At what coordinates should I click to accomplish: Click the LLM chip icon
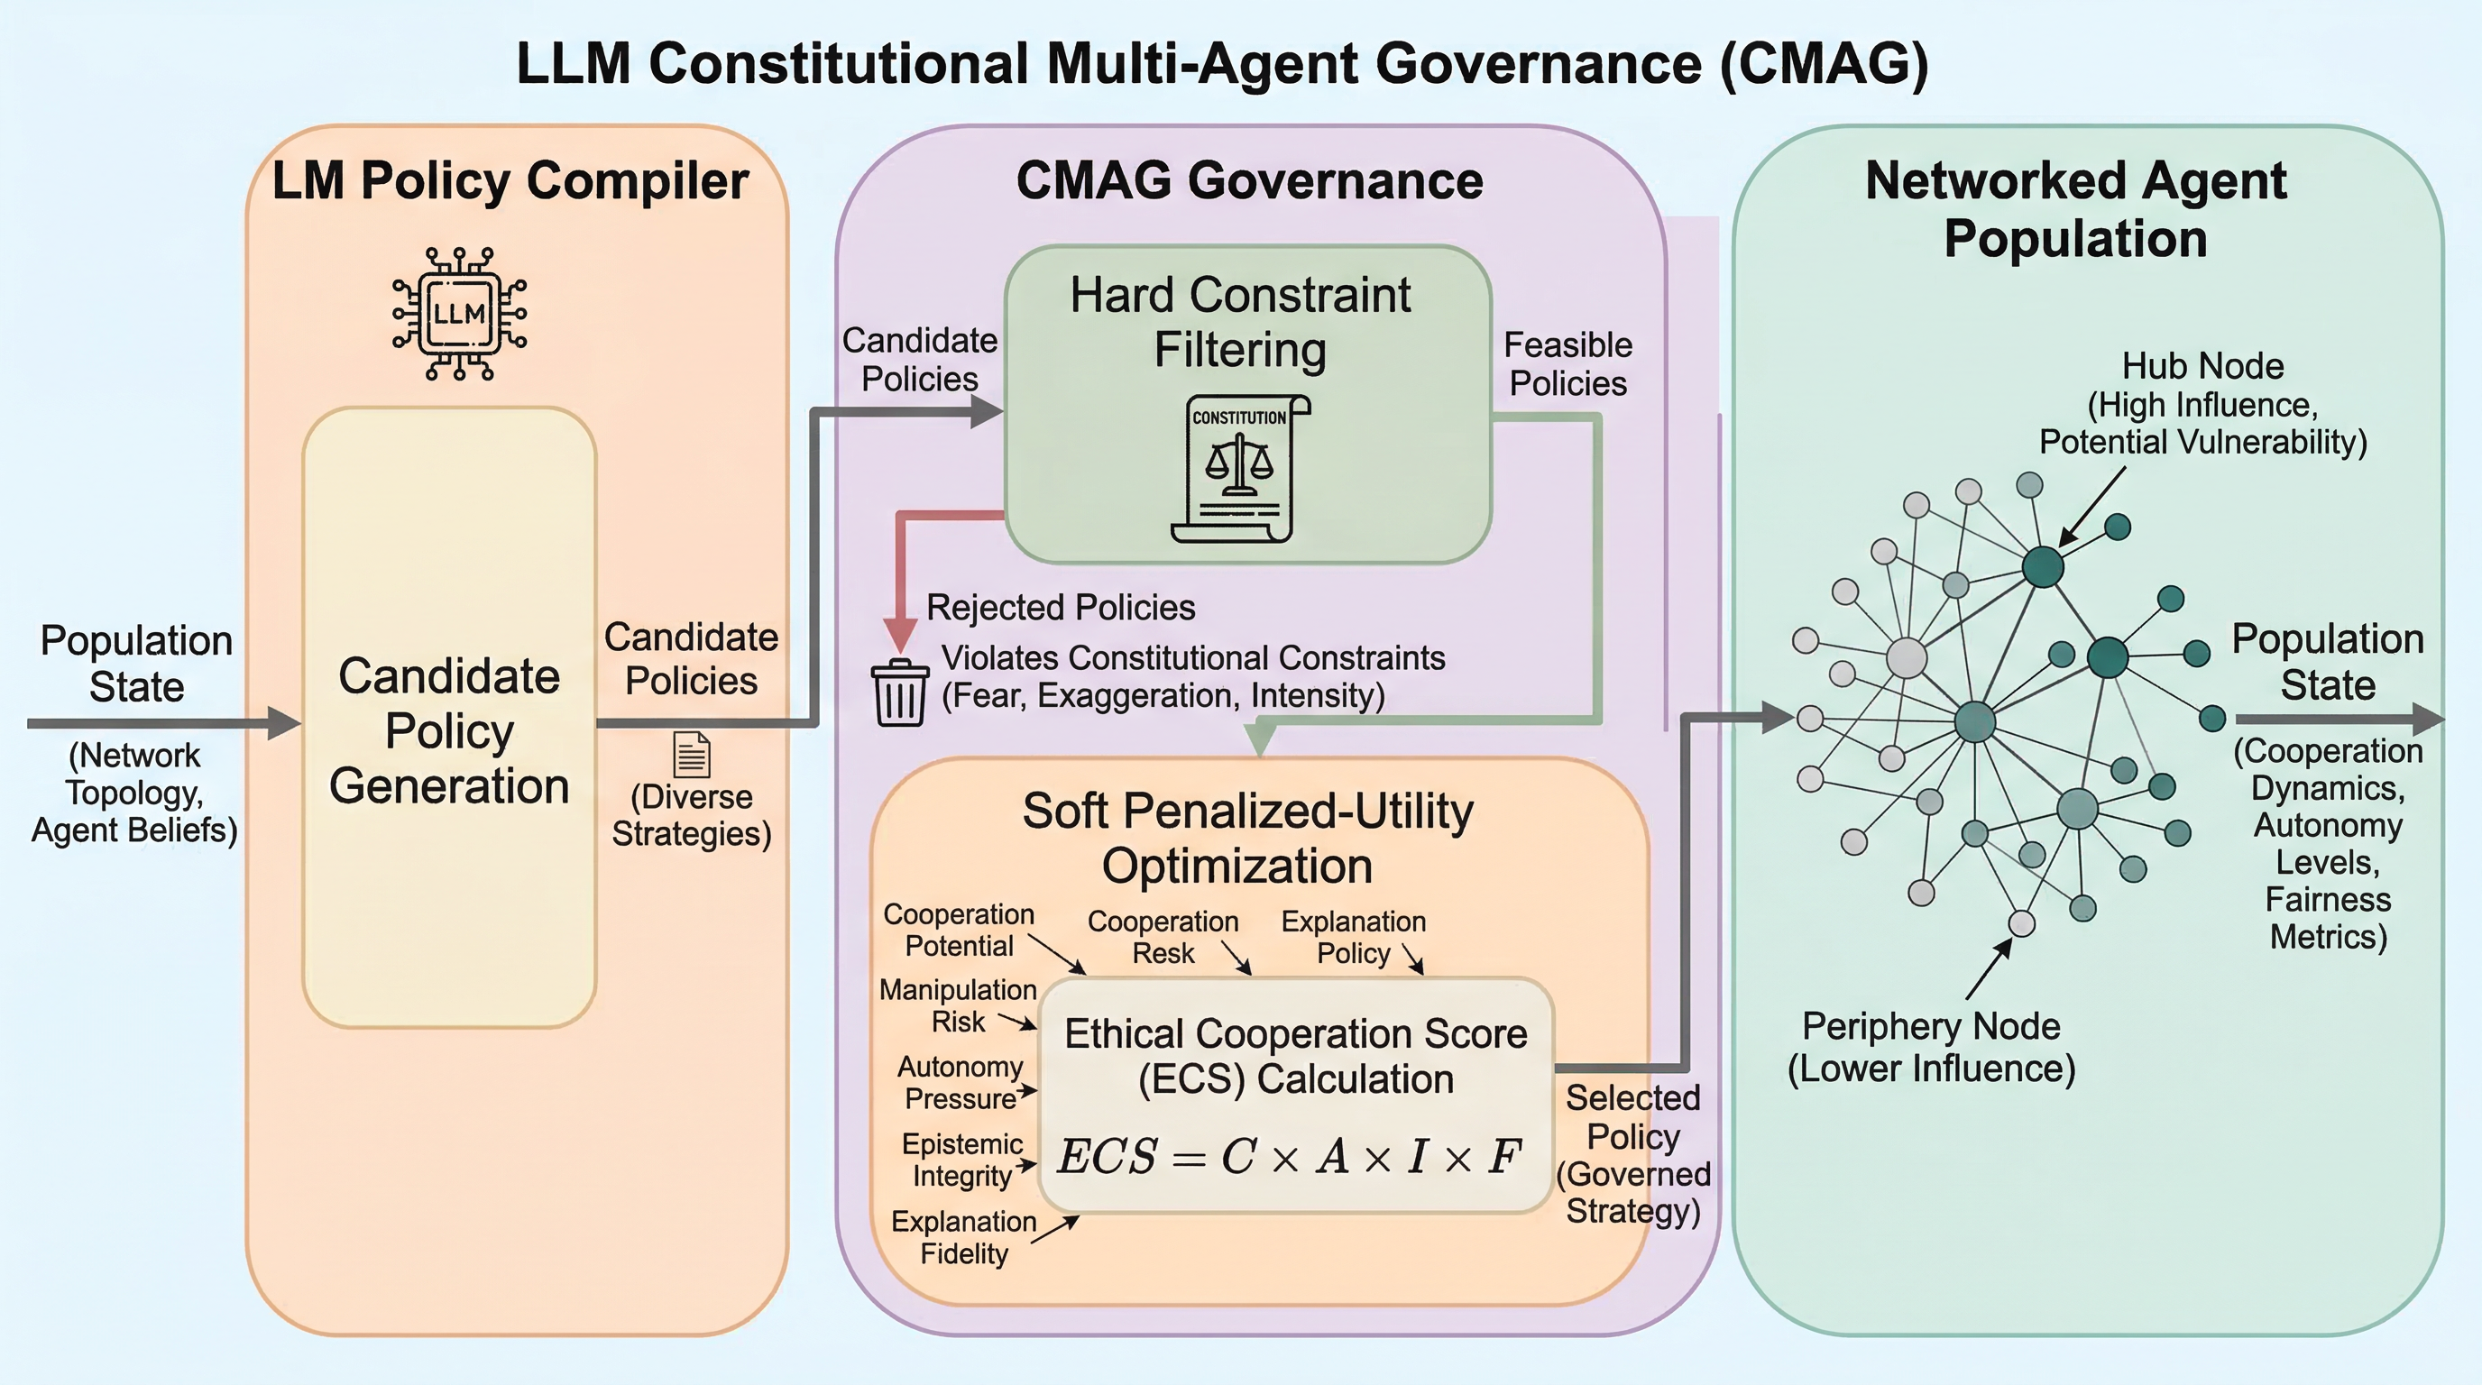(x=460, y=314)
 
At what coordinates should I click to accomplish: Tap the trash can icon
(x=900, y=692)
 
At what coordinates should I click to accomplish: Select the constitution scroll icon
(x=1240, y=469)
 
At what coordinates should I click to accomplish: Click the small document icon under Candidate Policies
(x=692, y=754)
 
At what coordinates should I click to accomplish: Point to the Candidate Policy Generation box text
(x=449, y=731)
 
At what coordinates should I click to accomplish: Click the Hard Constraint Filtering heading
(x=1240, y=322)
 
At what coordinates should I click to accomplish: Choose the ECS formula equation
(x=1289, y=1157)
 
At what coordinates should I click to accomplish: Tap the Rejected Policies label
(x=1060, y=608)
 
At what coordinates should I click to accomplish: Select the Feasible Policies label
(x=1567, y=364)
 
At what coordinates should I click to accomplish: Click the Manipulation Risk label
(x=958, y=1005)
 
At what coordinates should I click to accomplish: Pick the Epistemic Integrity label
(x=961, y=1160)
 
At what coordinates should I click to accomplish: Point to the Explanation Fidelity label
(x=963, y=1237)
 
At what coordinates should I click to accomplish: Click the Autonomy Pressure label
(x=960, y=1083)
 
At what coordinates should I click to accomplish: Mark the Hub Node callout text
(x=2202, y=404)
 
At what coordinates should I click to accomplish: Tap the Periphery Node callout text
(x=1931, y=1047)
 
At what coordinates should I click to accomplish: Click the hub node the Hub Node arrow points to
(x=2042, y=566)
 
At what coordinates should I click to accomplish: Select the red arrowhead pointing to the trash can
(x=900, y=635)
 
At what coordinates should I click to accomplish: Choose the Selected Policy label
(x=1633, y=1154)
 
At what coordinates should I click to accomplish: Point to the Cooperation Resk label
(x=1163, y=937)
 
